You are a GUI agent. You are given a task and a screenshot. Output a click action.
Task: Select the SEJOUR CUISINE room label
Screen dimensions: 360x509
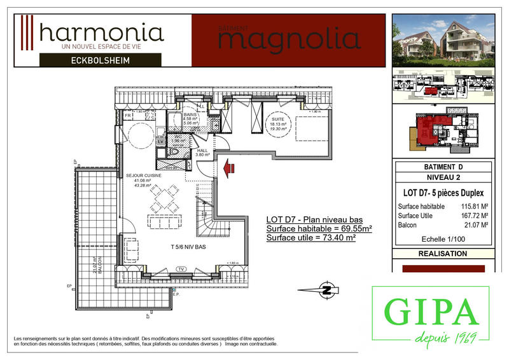click(x=143, y=174)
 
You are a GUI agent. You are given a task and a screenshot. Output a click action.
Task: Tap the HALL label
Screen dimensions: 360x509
click(x=202, y=150)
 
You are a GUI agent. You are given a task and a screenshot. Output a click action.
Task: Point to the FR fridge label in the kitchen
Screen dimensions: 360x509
click(x=128, y=116)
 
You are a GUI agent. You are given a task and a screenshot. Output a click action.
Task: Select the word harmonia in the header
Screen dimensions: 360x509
click(x=101, y=31)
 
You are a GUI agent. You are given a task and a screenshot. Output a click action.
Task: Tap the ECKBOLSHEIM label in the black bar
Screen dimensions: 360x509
click(x=104, y=60)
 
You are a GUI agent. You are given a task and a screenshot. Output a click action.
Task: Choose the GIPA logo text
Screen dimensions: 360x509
click(x=431, y=312)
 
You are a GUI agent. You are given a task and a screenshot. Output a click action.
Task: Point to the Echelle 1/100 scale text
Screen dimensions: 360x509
click(x=443, y=239)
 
